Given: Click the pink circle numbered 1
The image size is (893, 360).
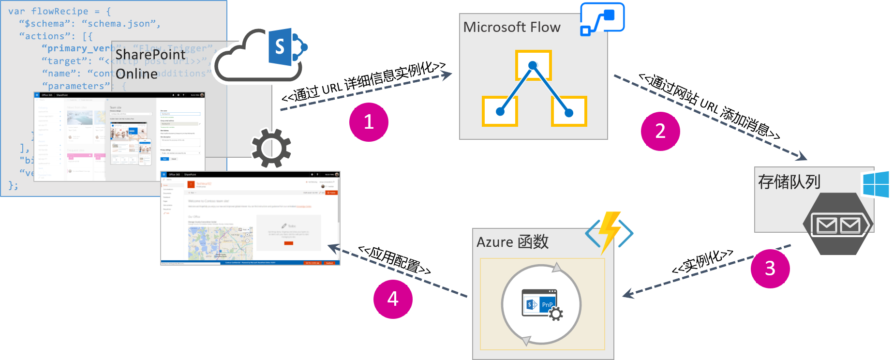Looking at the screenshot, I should [369, 122].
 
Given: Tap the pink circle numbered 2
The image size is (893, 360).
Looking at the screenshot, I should [660, 131].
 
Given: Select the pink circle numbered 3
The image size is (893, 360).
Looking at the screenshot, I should [770, 269].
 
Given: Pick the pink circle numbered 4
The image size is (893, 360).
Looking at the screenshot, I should [393, 299].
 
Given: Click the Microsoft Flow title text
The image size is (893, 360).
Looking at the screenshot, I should [512, 27].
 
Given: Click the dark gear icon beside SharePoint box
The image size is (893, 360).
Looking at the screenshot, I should [271, 148].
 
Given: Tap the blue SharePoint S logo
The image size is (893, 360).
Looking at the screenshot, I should [281, 47].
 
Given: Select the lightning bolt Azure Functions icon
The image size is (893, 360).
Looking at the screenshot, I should [610, 232].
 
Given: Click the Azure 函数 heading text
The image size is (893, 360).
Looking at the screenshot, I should [512, 241].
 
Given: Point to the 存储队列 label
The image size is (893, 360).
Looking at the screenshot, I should [789, 182].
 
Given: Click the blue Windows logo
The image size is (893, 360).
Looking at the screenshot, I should [876, 184].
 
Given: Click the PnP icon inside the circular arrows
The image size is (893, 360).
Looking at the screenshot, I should [541, 304].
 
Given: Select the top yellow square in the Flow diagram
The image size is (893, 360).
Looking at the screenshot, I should [533, 65].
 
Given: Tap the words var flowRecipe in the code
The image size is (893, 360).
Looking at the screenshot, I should [48, 11].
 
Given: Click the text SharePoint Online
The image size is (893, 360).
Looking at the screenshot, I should [150, 64].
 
